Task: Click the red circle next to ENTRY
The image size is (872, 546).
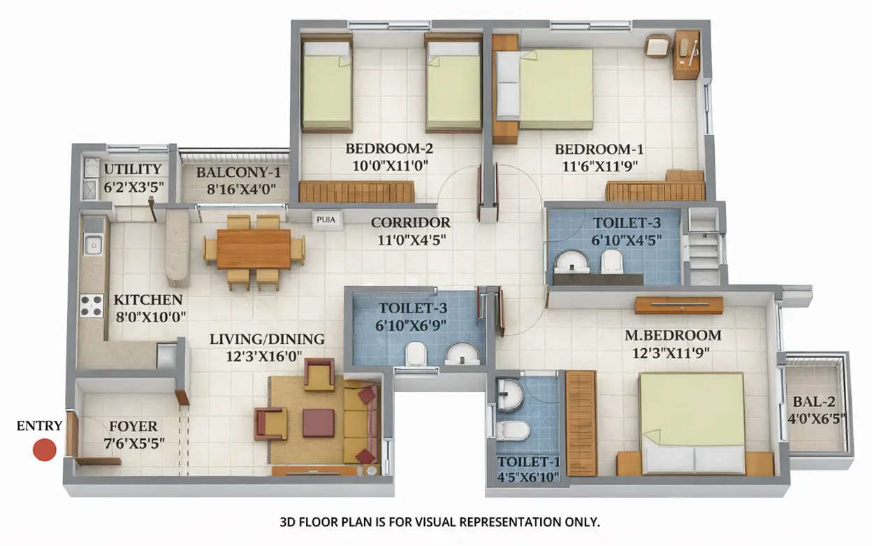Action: (x=45, y=450)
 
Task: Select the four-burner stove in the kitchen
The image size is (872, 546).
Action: (x=91, y=306)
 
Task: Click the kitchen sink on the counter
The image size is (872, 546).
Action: (x=92, y=245)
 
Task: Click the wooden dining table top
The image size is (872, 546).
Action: (x=254, y=249)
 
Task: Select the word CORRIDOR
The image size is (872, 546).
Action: (x=410, y=223)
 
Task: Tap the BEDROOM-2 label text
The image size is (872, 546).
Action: (x=389, y=149)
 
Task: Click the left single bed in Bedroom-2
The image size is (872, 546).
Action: (x=326, y=85)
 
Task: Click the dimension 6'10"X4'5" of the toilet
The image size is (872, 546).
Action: (x=626, y=240)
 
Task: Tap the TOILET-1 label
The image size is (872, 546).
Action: (x=528, y=462)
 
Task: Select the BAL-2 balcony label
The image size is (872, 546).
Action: (x=815, y=402)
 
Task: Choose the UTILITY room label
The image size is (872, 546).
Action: (x=133, y=169)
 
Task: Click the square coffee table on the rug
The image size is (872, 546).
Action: (x=318, y=423)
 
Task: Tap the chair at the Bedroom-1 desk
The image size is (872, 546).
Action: (x=657, y=47)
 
